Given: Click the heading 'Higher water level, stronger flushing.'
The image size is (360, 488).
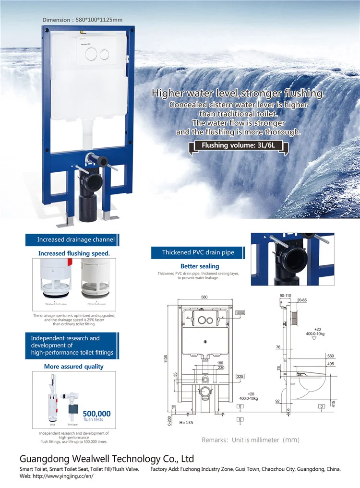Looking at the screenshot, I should click(x=238, y=93).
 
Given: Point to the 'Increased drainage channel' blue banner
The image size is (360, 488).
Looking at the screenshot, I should click(x=76, y=239).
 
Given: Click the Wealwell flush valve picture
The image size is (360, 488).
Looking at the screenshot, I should click(x=55, y=281).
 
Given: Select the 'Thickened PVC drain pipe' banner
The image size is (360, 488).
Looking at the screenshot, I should click(x=198, y=252).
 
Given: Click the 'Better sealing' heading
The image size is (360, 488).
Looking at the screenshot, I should click(x=200, y=266).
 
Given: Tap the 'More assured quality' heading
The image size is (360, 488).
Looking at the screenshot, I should click(x=73, y=367).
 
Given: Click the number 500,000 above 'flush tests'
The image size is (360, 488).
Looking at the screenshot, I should click(x=96, y=414).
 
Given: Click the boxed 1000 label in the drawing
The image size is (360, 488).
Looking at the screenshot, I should click(x=240, y=313).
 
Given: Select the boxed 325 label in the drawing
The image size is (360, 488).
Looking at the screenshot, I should click(x=240, y=376).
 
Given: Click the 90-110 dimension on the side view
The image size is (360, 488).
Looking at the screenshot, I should click(x=286, y=296).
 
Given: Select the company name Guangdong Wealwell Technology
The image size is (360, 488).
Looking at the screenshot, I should click(x=107, y=459).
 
